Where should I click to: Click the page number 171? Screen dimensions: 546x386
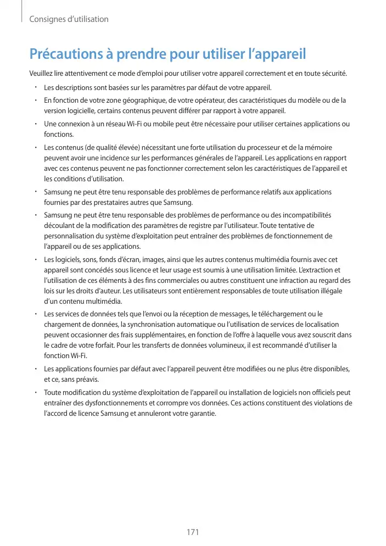click(192, 532)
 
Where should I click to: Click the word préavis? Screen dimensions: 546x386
click(87, 379)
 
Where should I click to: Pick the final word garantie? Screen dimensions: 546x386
click(202, 414)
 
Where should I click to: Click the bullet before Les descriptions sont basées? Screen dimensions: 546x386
click(35, 87)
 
